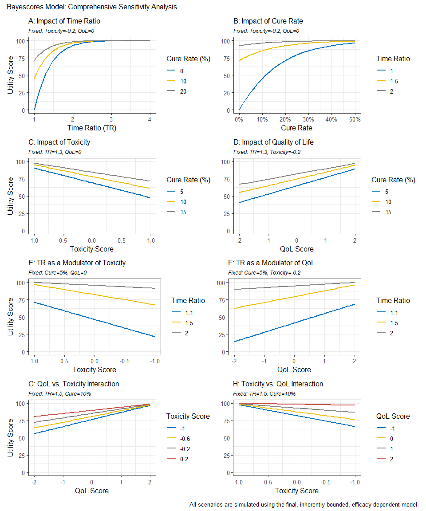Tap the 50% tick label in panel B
pos(355,119)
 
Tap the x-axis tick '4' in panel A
pos(150,119)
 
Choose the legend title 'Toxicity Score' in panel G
pos(188,416)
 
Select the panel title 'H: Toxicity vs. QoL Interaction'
pos(278,384)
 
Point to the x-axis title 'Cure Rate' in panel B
pos(296,128)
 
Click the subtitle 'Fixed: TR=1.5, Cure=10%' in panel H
pos(264,393)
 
